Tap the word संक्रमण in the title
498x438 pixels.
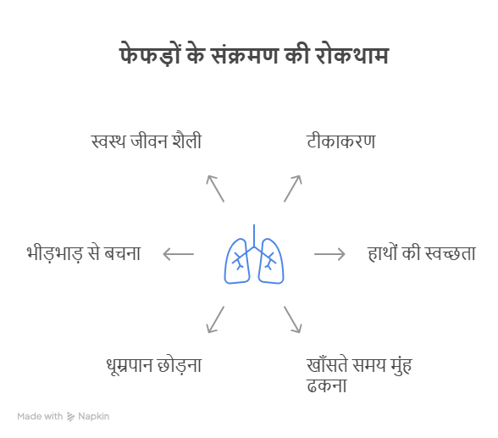[x=246, y=54]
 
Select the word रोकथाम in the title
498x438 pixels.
[x=352, y=54]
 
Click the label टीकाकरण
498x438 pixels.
[x=341, y=141]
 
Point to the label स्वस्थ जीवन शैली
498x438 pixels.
[x=147, y=141]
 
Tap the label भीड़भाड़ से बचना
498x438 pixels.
[x=84, y=253]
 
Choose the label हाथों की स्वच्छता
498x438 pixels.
[x=422, y=253]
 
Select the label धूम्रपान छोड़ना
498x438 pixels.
[x=154, y=365]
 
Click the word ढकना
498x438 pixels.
[x=327, y=385]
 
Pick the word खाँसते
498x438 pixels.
[x=327, y=365]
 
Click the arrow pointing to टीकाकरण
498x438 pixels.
[x=292, y=188]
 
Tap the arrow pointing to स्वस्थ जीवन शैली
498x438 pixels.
[x=215, y=188]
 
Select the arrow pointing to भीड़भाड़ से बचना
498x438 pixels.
[x=178, y=254]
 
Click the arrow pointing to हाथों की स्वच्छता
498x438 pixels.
[x=329, y=254]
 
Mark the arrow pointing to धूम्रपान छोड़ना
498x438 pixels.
[x=215, y=319]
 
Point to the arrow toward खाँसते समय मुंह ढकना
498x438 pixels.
[x=292, y=319]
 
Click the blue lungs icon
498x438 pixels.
[x=254, y=254]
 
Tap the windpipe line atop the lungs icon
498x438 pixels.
[x=254, y=236]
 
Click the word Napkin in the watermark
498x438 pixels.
[x=94, y=416]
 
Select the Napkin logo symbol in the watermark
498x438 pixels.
[x=71, y=417]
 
